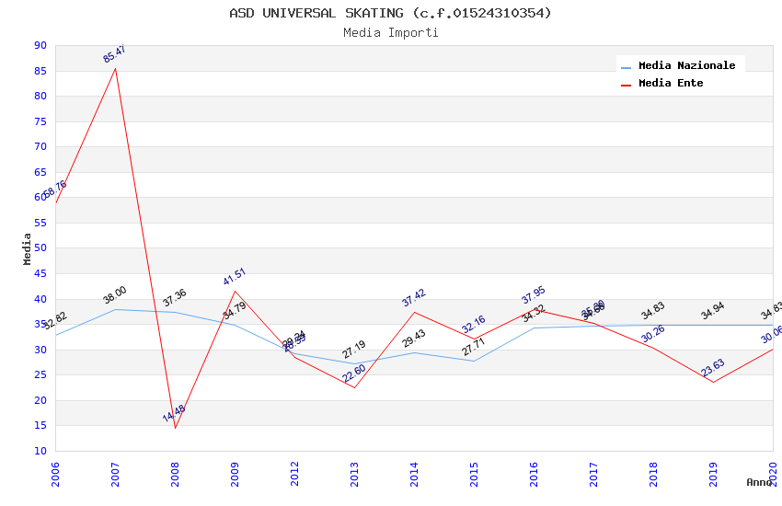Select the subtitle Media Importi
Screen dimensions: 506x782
coord(391,32)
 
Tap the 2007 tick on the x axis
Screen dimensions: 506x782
coord(115,474)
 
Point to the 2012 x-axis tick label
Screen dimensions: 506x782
coord(294,474)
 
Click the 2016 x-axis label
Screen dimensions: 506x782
coord(534,474)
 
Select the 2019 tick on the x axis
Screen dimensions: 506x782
coord(713,474)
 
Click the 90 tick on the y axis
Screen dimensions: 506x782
coord(40,45)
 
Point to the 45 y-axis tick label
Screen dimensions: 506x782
coord(40,273)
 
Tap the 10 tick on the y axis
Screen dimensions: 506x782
coord(40,451)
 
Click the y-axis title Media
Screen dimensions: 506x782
coord(27,248)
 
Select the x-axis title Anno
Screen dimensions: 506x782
coord(759,482)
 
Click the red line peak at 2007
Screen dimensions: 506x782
coord(115,68)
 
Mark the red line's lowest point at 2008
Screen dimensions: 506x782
coord(175,428)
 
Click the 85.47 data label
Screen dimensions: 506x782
coord(114,53)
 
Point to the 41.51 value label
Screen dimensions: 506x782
coord(235,277)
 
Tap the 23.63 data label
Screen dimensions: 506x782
coord(713,368)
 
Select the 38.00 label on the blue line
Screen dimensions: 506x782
coord(115,295)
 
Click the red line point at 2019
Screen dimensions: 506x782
coord(713,382)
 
